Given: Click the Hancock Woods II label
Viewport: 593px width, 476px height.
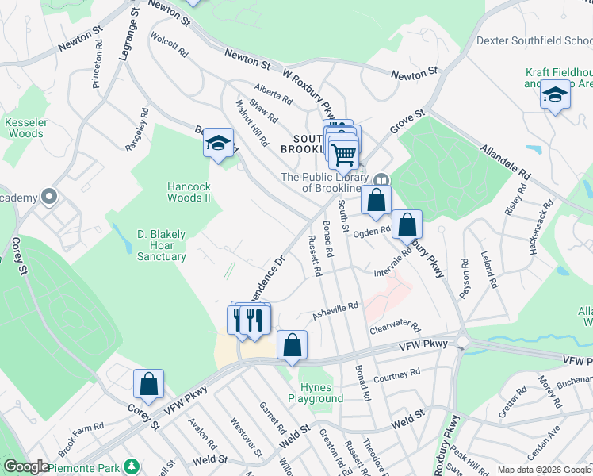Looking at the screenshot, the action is click(188, 192).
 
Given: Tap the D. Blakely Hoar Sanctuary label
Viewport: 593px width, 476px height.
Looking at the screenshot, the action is click(161, 245).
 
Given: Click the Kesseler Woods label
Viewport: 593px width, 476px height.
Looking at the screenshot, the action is click(24, 128).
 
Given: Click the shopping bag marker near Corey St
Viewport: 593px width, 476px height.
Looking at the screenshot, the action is click(148, 384).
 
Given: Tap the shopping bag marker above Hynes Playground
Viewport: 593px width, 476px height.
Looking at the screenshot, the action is click(292, 345).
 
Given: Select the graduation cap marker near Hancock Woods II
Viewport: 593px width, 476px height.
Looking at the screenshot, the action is click(218, 144).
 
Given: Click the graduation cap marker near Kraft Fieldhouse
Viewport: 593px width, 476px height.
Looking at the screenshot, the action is click(555, 96).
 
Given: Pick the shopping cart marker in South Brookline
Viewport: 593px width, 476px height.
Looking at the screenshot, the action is click(344, 152).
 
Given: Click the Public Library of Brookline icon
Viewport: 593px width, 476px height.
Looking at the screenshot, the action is click(381, 180).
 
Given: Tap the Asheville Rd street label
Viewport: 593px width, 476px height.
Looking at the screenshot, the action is click(335, 309).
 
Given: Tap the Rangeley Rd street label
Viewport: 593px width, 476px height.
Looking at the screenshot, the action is click(137, 130).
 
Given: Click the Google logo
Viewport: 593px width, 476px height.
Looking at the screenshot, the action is click(25, 466).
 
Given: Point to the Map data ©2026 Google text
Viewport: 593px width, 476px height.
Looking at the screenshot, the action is click(544, 469).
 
